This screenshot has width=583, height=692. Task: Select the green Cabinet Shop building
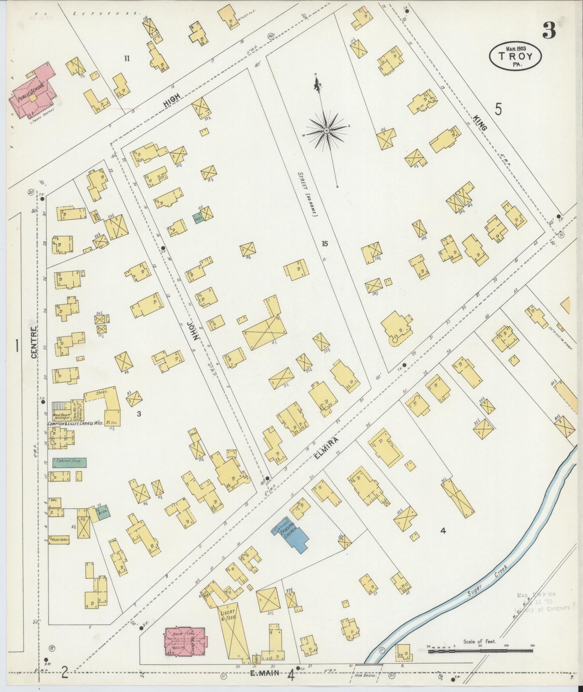tap(69, 462)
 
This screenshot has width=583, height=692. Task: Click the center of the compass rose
tap(326, 131)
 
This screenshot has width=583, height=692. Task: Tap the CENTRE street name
tap(34, 342)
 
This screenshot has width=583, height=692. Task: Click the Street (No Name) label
tap(307, 194)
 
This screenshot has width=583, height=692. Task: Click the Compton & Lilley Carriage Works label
tap(76, 423)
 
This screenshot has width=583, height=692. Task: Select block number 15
tap(324, 244)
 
